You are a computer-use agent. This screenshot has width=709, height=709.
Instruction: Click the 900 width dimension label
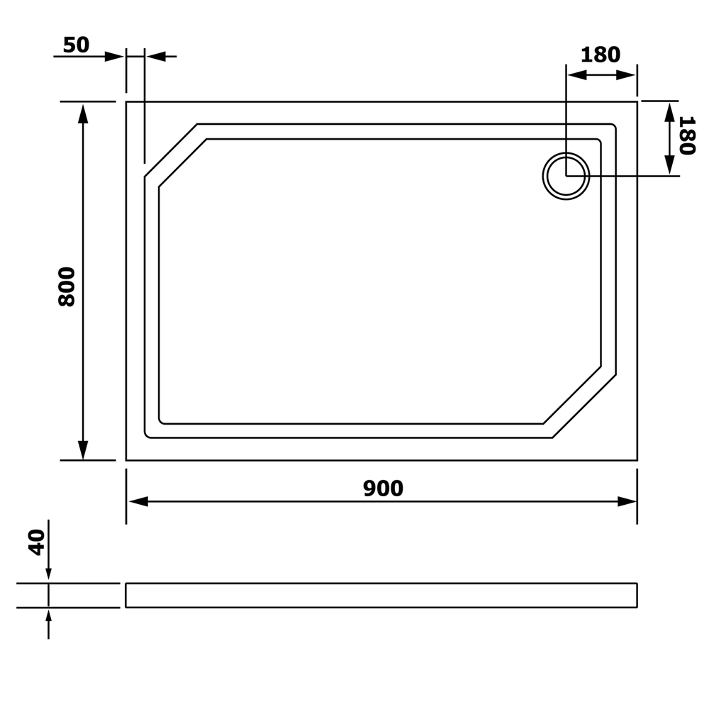(x=383, y=489)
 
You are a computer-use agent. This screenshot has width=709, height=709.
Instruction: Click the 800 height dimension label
(x=67, y=287)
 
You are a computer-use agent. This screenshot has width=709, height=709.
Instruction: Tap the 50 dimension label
(x=76, y=45)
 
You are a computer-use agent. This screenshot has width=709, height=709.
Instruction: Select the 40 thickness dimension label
(x=37, y=542)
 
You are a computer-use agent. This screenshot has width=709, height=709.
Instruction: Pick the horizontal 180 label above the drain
(x=600, y=55)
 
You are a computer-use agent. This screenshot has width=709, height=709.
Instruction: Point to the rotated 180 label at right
(x=686, y=135)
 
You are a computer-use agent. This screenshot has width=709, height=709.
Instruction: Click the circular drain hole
(x=566, y=176)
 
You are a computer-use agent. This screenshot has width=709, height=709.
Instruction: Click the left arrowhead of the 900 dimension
(x=138, y=501)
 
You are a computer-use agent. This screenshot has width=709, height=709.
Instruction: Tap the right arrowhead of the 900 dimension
(x=627, y=501)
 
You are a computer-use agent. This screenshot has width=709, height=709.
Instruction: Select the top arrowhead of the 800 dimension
(x=83, y=113)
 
